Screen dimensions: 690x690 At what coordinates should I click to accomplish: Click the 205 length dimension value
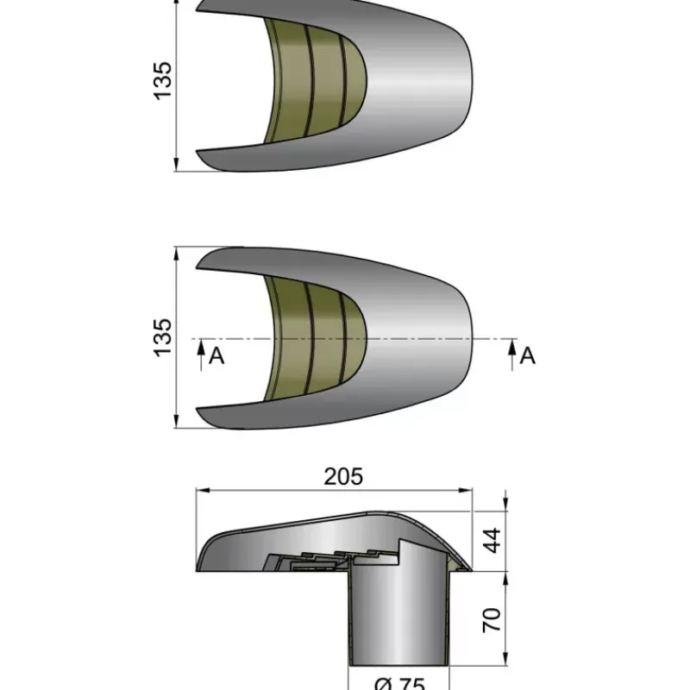(x=343, y=477)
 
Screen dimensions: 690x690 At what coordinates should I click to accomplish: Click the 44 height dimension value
(x=492, y=541)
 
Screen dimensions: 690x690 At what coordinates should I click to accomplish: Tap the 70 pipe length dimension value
(x=492, y=620)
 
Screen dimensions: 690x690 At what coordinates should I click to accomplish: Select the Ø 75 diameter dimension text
(x=399, y=683)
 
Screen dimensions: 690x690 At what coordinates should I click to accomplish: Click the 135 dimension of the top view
(x=162, y=81)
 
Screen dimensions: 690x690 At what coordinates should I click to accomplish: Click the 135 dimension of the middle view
(x=162, y=337)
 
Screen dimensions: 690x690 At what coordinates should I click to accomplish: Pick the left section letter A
(x=216, y=356)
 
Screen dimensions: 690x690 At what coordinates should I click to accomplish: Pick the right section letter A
(x=527, y=356)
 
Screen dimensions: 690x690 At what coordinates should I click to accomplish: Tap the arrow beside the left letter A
(x=201, y=354)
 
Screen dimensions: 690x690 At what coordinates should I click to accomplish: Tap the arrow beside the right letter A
(x=511, y=354)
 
